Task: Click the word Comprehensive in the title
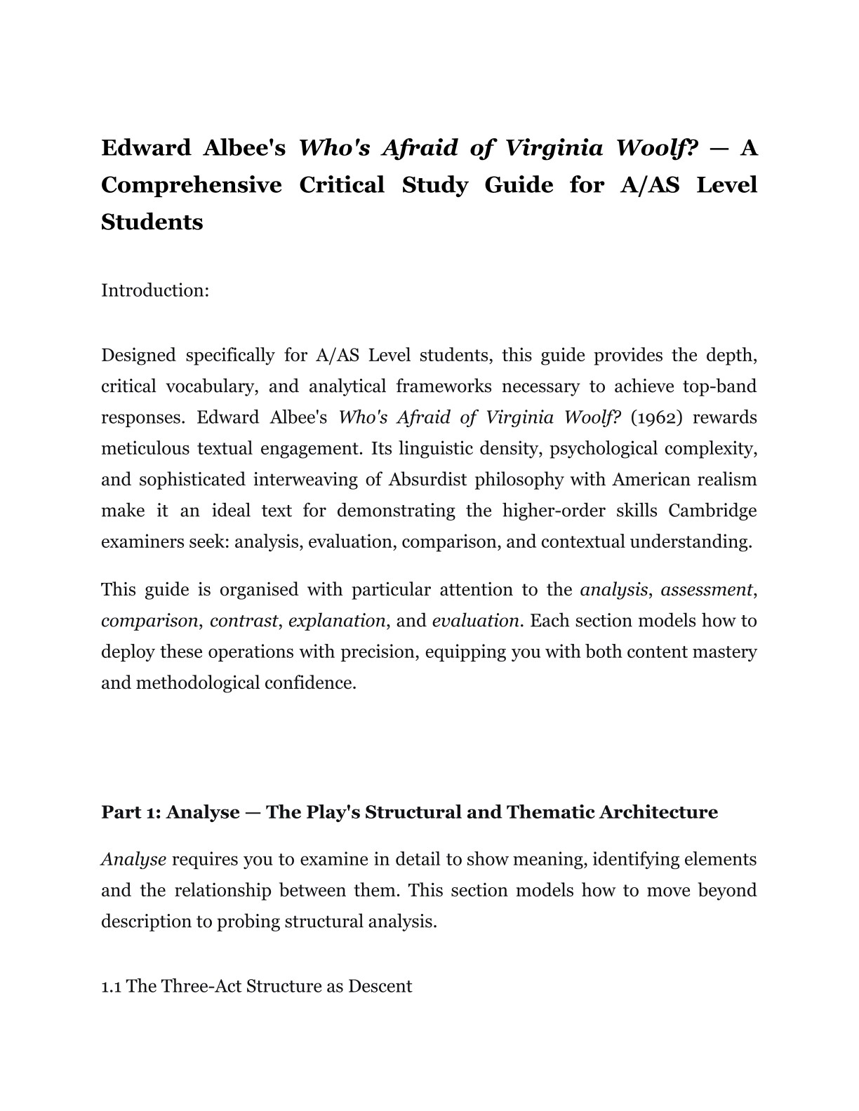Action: click(x=192, y=185)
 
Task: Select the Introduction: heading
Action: click(x=155, y=290)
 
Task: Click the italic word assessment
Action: click(x=707, y=590)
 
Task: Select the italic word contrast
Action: click(x=244, y=621)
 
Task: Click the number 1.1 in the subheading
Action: click(x=111, y=986)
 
